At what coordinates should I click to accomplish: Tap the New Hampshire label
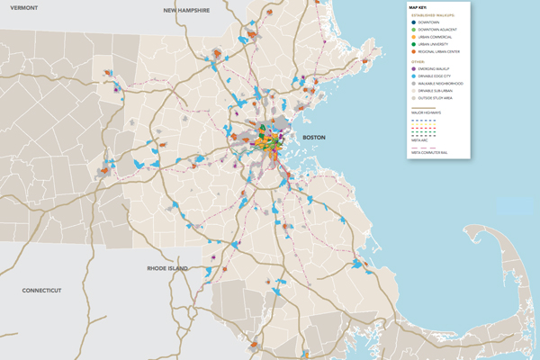click(186, 11)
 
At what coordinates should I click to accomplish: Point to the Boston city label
click(313, 137)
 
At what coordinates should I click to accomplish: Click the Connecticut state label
click(41, 291)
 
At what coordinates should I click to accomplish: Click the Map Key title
click(421, 6)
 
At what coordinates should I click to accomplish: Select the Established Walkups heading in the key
click(434, 14)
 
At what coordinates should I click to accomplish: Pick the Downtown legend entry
click(434, 22)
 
